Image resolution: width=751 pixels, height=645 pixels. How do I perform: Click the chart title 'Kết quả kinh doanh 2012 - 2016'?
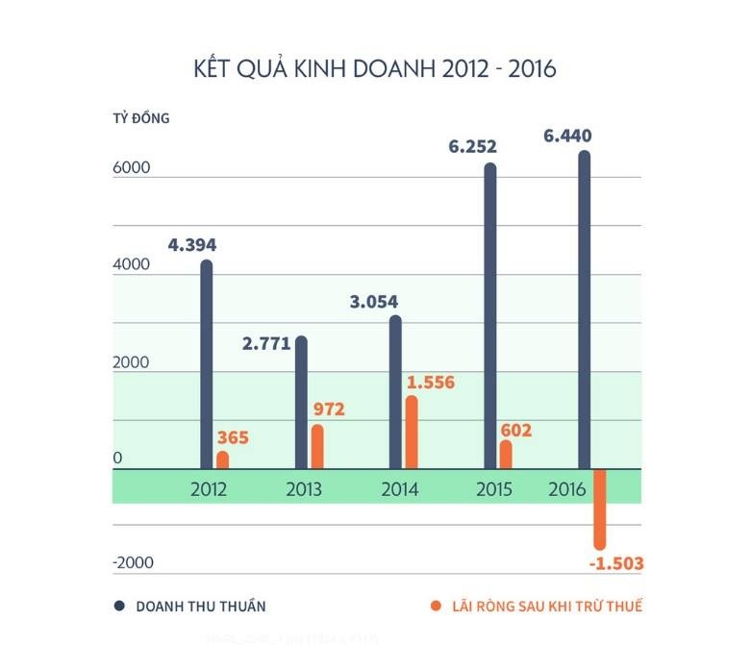375,69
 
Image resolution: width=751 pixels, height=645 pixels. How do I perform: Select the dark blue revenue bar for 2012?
206,365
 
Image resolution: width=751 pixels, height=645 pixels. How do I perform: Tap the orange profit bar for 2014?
412,433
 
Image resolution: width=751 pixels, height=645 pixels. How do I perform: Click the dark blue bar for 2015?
490,317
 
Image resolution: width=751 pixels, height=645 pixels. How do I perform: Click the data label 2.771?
266,344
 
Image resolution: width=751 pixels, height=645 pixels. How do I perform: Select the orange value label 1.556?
430,383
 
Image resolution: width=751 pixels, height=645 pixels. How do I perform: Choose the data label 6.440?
567,136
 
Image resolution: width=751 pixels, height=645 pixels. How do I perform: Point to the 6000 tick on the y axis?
132,167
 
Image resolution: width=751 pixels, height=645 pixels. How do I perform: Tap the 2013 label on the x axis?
304,489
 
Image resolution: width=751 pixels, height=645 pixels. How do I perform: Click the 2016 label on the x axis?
567,489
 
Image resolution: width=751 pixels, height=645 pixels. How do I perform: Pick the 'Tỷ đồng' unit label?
140,119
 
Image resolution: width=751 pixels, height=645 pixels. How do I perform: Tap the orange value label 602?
515,431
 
